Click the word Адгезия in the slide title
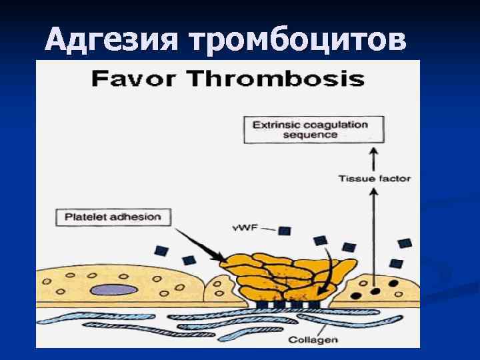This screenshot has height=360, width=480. coord(112,41)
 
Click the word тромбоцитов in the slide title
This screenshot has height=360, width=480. coord(297,41)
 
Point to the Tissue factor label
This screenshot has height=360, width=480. coord(375,179)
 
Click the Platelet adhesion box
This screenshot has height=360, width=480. coord(113,217)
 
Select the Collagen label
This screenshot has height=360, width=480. coord(313,339)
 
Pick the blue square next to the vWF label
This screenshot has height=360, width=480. coord(285,231)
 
